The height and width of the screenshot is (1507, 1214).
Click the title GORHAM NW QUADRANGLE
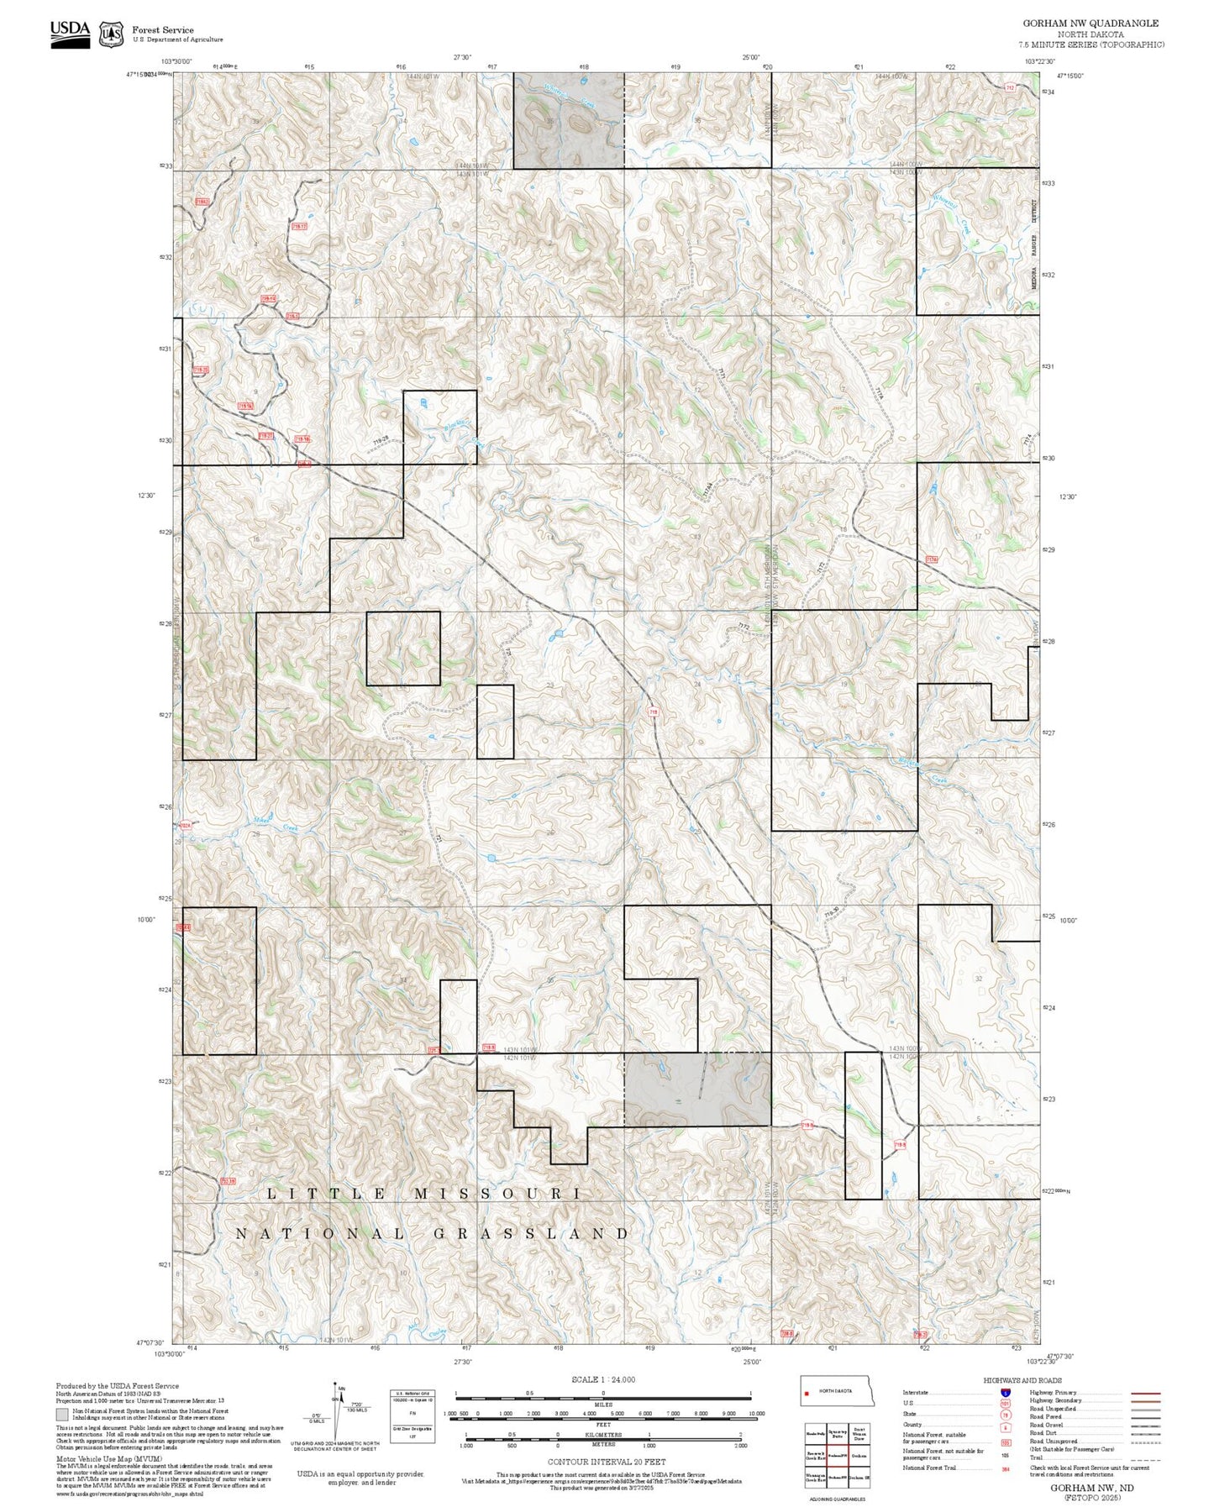pyautogui.click(x=1090, y=24)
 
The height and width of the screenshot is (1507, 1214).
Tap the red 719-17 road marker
pyautogui.click(x=299, y=226)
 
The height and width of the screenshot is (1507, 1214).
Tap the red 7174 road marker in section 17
pyautogui.click(x=931, y=559)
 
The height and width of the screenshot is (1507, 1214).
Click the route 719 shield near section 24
pyautogui.click(x=653, y=712)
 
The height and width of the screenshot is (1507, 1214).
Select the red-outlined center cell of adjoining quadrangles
pyautogui.click(x=836, y=1456)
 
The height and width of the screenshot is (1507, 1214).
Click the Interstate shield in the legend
pyautogui.click(x=1005, y=1393)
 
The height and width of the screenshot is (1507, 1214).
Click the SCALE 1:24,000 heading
pyautogui.click(x=602, y=1379)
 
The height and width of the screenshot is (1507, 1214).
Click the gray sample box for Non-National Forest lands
pyautogui.click(x=62, y=1415)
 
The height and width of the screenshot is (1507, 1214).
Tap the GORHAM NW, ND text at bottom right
pyautogui.click(x=1091, y=1487)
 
